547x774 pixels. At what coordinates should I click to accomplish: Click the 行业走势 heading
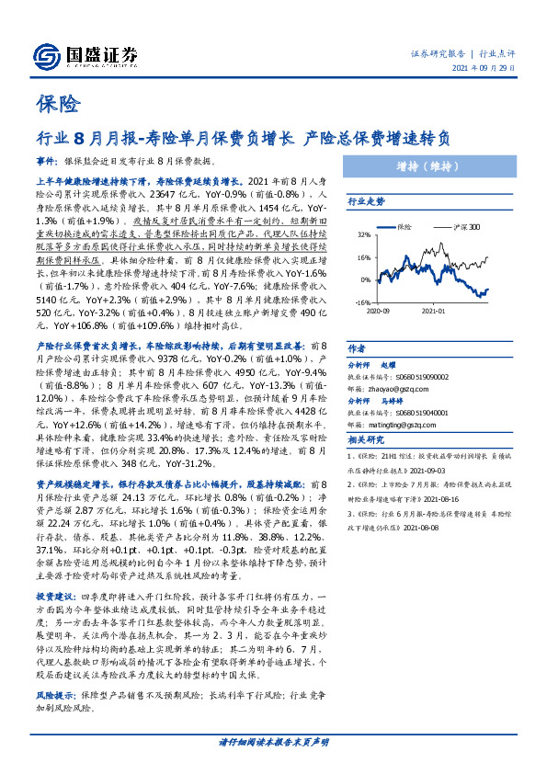coord(366,199)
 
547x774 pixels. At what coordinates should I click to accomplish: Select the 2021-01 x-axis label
coord(434,311)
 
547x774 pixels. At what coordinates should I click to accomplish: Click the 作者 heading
coord(355,347)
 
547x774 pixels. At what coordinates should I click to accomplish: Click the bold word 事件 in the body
coord(47,160)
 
